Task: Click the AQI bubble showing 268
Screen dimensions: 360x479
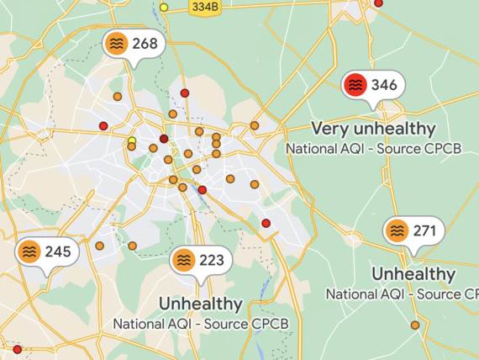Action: click(134, 43)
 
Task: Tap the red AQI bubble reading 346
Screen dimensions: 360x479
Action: click(373, 84)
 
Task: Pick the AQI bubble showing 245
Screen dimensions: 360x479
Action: click(47, 251)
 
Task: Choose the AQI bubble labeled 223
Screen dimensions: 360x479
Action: click(199, 261)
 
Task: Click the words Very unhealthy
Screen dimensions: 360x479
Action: click(373, 129)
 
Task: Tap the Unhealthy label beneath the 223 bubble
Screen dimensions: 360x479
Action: click(201, 304)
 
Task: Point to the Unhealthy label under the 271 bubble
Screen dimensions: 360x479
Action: click(413, 274)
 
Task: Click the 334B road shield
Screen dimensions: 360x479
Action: click(204, 7)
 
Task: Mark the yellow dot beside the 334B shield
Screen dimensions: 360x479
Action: click(164, 8)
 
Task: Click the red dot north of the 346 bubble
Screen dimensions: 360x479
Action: click(378, 3)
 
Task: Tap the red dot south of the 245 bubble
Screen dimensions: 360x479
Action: click(17, 348)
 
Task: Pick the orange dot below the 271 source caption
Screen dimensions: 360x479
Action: click(414, 325)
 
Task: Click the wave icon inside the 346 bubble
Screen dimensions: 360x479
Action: click(356, 84)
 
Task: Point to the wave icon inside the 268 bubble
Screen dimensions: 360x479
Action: click(117, 43)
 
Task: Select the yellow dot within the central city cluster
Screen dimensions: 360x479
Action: click(132, 140)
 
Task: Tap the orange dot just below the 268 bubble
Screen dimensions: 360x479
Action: click(118, 97)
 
